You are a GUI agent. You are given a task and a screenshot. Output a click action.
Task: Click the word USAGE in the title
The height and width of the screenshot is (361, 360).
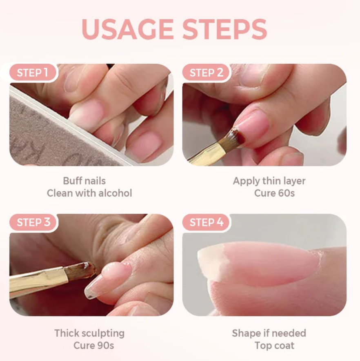tap(128, 29)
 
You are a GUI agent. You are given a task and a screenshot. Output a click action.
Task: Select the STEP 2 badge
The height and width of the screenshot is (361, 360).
tap(207, 73)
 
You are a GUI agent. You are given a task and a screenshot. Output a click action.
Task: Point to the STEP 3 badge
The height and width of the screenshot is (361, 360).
tap(33, 223)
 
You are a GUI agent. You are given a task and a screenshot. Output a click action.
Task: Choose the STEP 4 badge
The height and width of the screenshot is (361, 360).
tap(207, 223)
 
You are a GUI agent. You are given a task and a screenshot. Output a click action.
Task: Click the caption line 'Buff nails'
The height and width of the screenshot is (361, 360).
tap(84, 181)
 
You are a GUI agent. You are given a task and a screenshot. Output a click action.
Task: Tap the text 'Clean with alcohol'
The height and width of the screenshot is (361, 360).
tap(89, 193)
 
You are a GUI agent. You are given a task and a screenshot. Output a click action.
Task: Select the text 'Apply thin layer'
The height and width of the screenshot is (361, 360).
tap(269, 181)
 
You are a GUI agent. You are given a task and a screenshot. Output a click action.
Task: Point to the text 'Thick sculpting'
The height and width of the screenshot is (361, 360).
tap(89, 333)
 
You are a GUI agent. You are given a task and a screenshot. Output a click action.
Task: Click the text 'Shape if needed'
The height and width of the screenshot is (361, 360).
tap(269, 333)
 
